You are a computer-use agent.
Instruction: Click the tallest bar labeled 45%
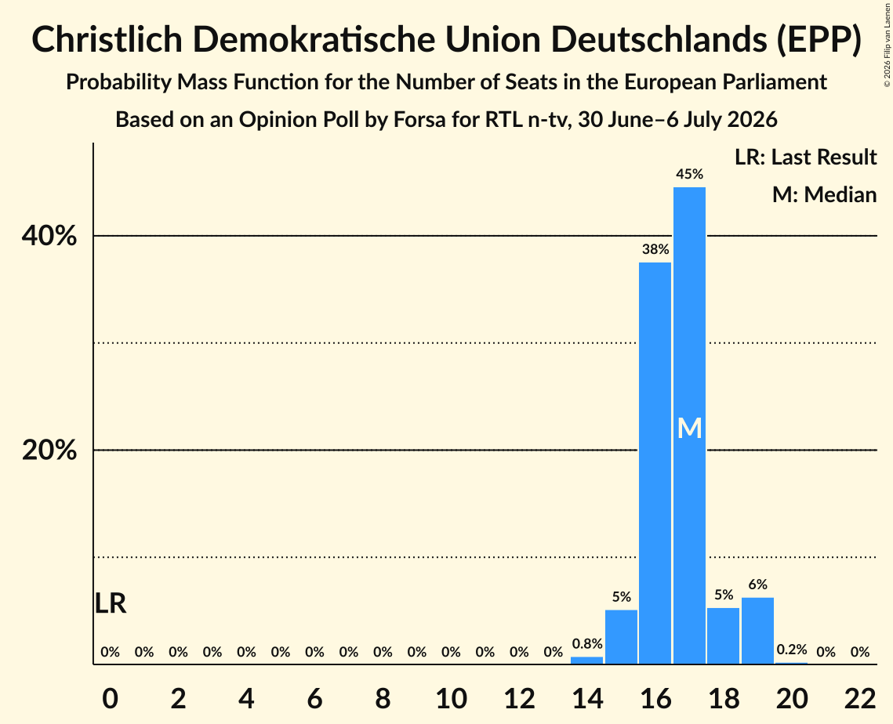[x=689, y=425]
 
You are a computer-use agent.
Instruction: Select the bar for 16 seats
[x=655, y=463]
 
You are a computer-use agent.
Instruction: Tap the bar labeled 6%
[x=757, y=631]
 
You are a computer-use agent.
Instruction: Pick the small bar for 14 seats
[x=586, y=661]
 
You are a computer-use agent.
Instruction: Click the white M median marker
[x=689, y=428]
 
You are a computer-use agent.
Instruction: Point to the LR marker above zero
[x=110, y=603]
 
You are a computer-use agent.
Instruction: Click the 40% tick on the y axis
[x=49, y=236]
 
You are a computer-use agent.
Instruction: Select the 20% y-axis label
[x=49, y=451]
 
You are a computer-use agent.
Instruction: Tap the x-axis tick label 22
[x=860, y=698]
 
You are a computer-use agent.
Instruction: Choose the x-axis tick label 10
[x=451, y=698]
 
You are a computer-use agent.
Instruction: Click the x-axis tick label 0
[x=110, y=698]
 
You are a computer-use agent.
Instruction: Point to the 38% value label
[x=655, y=248]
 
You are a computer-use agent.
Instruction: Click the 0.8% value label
[x=587, y=644]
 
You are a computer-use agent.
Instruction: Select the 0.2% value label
[x=792, y=650]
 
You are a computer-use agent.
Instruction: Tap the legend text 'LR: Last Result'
[x=805, y=157]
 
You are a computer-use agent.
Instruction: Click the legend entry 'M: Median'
[x=824, y=194]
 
